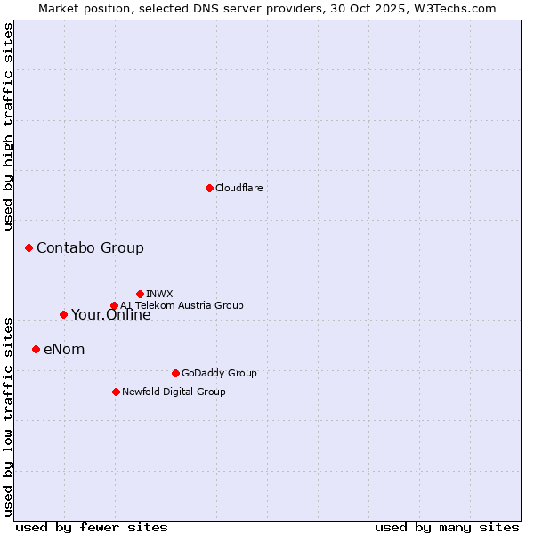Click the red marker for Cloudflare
pyautogui.click(x=209, y=188)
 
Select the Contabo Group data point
pyautogui.click(x=28, y=247)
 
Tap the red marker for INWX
pyautogui.click(x=140, y=294)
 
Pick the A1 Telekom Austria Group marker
pyautogui.click(x=114, y=306)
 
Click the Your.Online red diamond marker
pyautogui.click(x=63, y=314)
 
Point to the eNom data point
pyautogui.click(x=36, y=349)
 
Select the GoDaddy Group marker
pyautogui.click(x=175, y=373)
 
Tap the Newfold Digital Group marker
pyautogui.click(x=116, y=392)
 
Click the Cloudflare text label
pyautogui.click(x=239, y=188)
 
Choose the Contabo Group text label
pyautogui.click(x=90, y=247)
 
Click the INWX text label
pyautogui.click(x=159, y=294)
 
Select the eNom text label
pyautogui.click(x=64, y=349)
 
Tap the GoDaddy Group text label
pyautogui.click(x=219, y=373)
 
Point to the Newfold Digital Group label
pyautogui.click(x=174, y=392)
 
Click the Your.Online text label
pyautogui.click(x=111, y=315)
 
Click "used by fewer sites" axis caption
pyautogui.click(x=92, y=527)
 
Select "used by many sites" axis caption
pyautogui.click(x=447, y=527)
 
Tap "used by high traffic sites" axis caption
pyautogui.click(x=9, y=126)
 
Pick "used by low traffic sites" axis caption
pyautogui.click(x=9, y=416)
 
